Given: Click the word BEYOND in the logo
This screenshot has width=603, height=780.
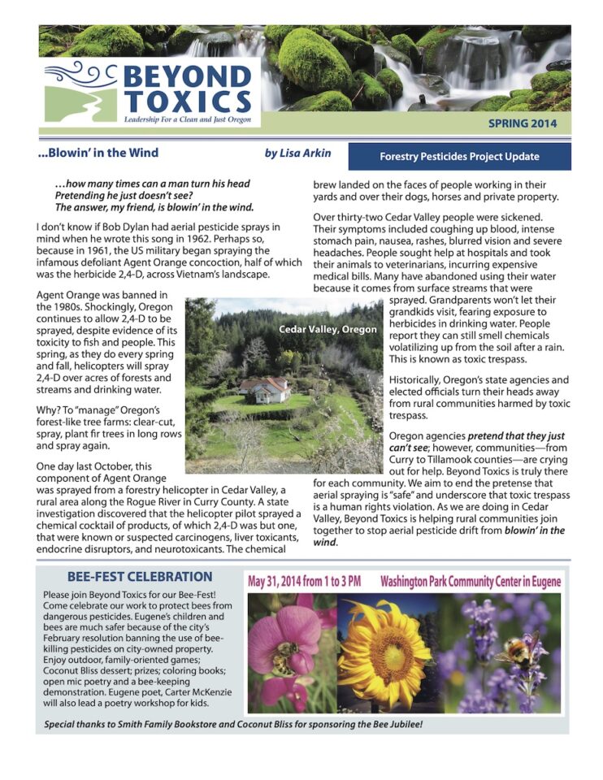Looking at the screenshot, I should coord(186,79).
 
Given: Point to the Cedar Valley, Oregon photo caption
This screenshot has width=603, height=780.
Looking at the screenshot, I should coord(328,329).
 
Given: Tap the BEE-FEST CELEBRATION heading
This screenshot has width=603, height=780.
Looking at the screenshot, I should coord(140,577).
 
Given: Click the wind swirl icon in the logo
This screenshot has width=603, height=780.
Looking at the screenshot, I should coord(81,79).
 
